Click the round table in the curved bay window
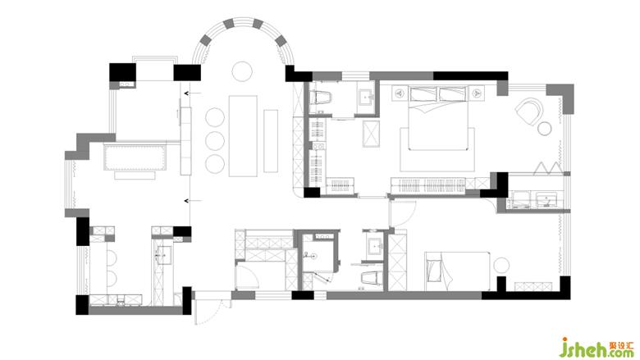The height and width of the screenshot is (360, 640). point(242,71)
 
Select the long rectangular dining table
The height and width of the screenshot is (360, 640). point(243,136)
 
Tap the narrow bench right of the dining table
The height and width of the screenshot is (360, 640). point(271,141)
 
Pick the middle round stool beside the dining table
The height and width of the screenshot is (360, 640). point(215,141)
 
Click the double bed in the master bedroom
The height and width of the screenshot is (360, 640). point(438,118)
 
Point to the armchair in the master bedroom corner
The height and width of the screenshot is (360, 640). point(529,111)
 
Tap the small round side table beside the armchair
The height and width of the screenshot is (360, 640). point(545,129)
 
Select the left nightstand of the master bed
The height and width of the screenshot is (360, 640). point(400,93)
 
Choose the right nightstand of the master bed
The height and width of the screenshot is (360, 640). point(477,93)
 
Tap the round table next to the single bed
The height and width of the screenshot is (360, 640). point(501,265)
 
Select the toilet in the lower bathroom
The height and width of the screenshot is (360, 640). point(372,278)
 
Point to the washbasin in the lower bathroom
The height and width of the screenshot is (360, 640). point(375,247)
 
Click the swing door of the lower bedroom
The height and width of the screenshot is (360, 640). point(402,213)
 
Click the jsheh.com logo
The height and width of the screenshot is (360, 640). point(597,347)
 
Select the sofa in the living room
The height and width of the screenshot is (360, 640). point(135,156)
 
